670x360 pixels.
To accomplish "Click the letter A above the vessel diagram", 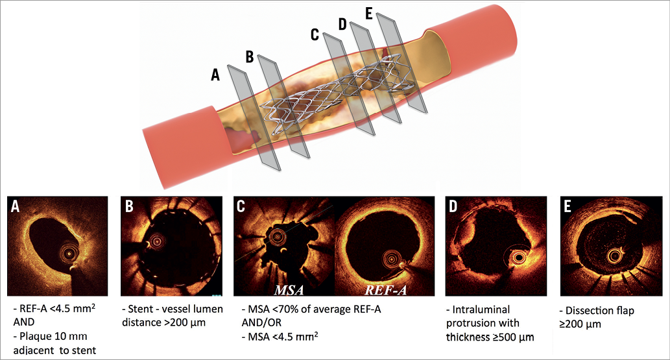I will (x=216, y=75).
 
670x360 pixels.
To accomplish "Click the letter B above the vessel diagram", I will (x=249, y=56).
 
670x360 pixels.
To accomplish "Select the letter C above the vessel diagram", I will (x=315, y=34).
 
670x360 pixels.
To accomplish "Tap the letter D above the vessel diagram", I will (x=342, y=24).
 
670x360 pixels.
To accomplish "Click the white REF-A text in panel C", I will (x=385, y=289).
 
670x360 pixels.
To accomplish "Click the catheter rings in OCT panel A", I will (x=66, y=250).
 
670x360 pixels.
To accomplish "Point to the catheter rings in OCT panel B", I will (x=157, y=241).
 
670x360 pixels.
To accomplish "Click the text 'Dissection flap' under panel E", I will (x=604, y=311).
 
